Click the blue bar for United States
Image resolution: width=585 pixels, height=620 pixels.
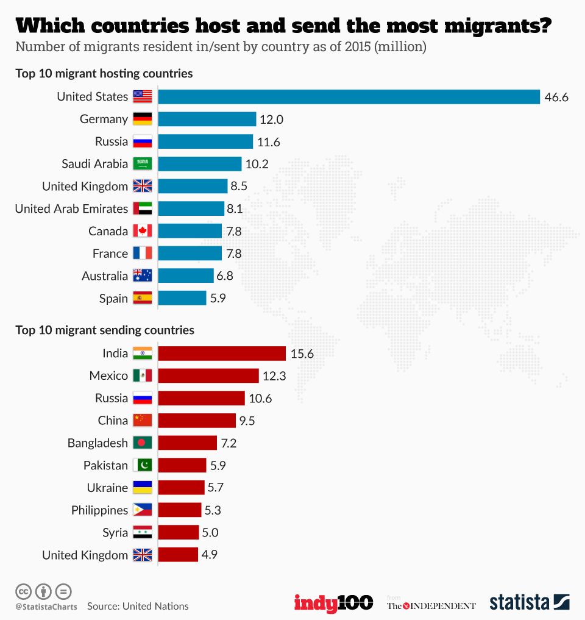(349, 97)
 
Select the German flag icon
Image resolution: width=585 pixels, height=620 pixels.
(142, 119)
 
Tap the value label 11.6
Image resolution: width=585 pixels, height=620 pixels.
(269, 142)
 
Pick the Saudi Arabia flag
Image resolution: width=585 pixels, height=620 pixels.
(142, 164)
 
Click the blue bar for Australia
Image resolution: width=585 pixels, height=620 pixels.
(186, 276)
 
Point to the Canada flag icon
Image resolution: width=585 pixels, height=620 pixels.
(142, 231)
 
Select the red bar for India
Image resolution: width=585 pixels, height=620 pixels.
(222, 354)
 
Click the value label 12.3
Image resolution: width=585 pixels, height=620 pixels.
(274, 376)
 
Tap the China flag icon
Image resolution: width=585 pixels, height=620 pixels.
(142, 421)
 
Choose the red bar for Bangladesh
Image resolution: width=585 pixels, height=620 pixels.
(188, 443)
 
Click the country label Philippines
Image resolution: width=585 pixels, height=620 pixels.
(99, 510)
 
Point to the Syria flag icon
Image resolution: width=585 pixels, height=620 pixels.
(142, 533)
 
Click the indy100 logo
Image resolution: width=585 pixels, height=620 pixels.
(333, 603)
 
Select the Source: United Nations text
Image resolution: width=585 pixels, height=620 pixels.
(138, 606)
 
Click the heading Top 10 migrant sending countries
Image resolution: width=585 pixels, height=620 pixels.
(105, 330)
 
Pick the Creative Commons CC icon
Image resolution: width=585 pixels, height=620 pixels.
(23, 591)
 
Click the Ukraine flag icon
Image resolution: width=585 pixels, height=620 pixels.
(142, 488)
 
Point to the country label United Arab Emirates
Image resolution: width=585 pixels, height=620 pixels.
(71, 209)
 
